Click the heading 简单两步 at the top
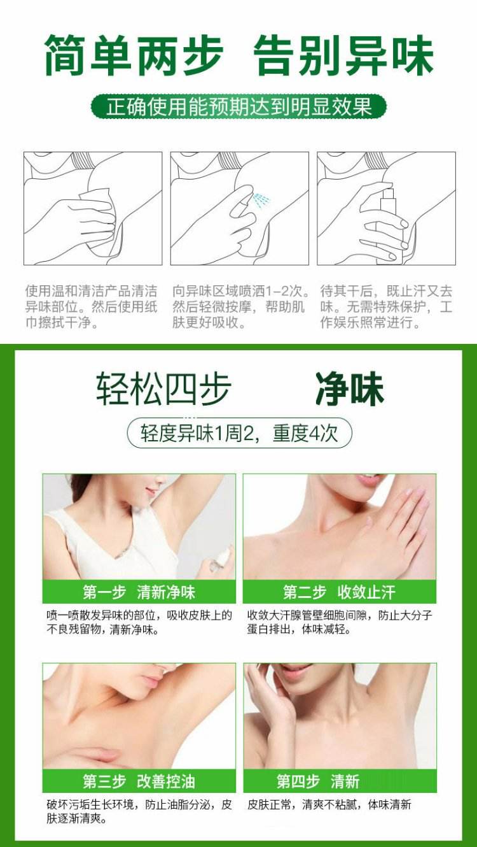pos(134,55)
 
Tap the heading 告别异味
pos(343,55)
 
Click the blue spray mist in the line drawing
pos(261,201)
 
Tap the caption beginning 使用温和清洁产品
pos(92,307)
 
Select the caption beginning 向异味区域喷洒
pos(240,307)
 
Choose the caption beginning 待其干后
pos(386,307)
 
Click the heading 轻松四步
pos(163,389)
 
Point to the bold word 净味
pos(350,389)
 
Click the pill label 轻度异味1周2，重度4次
pos(239,433)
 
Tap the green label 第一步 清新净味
pos(139,592)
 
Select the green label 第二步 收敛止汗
pos(339,592)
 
